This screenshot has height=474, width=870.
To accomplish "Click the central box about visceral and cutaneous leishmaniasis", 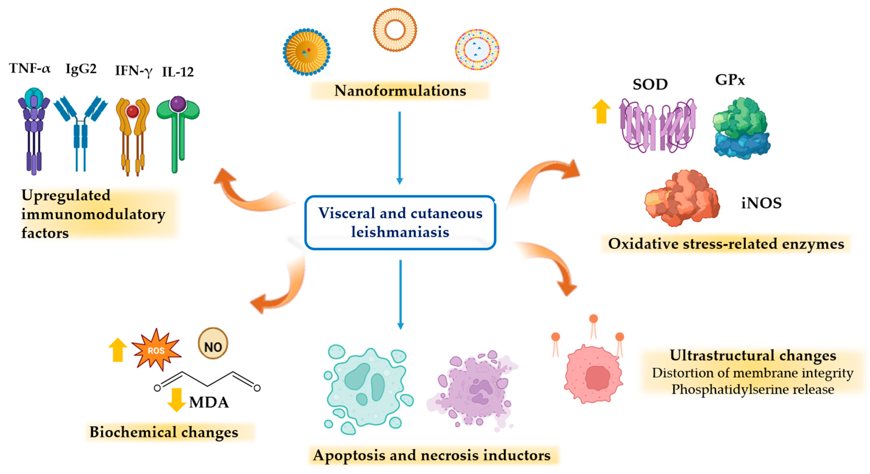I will coord(400,223).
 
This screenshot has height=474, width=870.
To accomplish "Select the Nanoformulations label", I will coord(400,91).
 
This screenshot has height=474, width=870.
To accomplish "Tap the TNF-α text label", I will coord(30,68).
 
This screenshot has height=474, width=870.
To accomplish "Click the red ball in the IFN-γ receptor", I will coord(132,111).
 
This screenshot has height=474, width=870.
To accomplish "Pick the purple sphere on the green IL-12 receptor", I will coord(178,104).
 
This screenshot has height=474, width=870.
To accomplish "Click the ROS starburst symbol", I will coord(156,350).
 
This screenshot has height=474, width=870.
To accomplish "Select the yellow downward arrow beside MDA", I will coord(176,400).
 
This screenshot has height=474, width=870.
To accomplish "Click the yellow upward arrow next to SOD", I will coord(601,111).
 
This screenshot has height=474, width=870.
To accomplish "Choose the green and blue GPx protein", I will coord(741,128).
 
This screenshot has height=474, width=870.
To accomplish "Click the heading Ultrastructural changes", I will coord(753,356).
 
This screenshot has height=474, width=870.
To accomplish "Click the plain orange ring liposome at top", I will coord(394,30).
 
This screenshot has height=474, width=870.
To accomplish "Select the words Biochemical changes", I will coord(164,432).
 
